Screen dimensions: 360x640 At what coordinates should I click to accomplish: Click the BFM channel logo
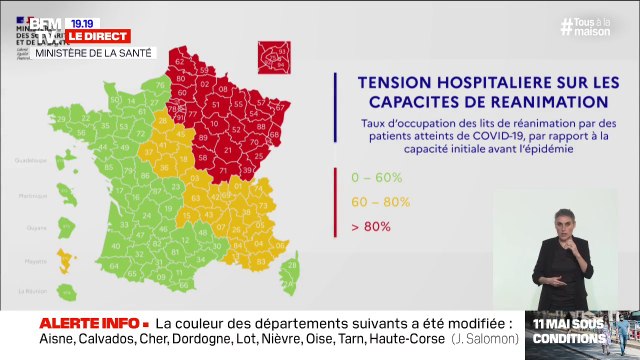[x=45, y=23]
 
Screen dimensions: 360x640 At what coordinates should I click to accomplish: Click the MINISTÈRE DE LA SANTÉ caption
[x=88, y=52]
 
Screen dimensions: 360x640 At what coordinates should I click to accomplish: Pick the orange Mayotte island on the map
[x=66, y=262]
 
